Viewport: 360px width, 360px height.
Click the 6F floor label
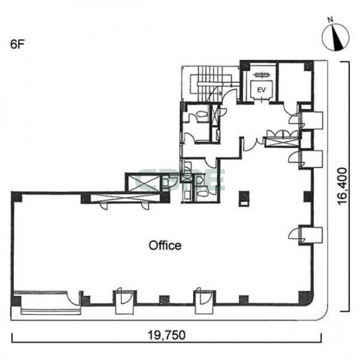17,44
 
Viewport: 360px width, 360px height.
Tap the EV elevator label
261,90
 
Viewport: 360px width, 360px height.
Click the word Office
165,246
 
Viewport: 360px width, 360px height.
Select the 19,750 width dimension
167,335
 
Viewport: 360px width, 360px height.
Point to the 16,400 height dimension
342,186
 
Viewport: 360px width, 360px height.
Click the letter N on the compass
330,20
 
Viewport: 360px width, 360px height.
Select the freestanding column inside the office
244,199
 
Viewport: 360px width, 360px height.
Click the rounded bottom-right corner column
306,298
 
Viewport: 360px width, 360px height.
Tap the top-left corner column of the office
17,197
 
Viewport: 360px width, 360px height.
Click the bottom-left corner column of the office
16,300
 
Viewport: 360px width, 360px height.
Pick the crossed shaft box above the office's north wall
143,183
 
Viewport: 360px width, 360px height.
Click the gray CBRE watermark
180,180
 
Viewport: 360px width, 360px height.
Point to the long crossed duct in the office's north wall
125,198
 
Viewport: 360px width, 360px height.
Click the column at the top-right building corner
308,66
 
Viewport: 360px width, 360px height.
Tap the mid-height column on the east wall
308,197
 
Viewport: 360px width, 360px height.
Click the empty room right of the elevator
294,82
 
